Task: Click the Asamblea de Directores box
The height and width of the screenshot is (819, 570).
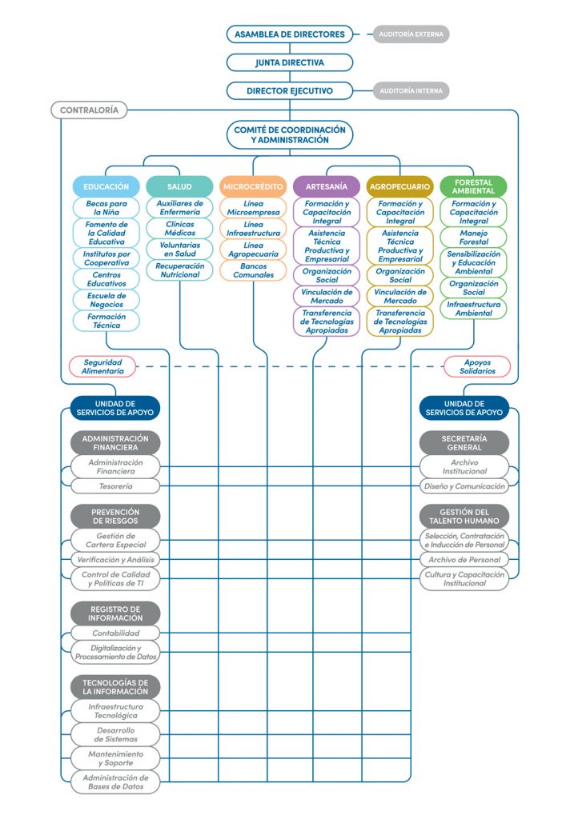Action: [x=290, y=34]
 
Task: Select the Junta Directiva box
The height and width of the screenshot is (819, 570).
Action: [x=290, y=62]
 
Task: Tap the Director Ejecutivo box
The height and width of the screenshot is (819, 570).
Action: [x=290, y=91]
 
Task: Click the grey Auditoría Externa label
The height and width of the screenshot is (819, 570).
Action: [x=411, y=34]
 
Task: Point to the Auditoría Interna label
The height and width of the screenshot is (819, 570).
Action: [x=411, y=91]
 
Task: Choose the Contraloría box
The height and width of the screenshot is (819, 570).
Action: [x=89, y=110]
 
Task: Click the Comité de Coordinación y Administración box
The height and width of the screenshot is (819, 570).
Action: [x=290, y=134]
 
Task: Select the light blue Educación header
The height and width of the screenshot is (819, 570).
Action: [x=106, y=186]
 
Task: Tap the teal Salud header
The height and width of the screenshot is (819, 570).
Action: [x=179, y=186]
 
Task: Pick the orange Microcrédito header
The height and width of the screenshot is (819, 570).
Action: [x=253, y=186]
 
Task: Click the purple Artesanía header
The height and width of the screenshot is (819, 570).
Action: [x=327, y=186]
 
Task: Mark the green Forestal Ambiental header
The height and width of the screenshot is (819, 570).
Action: [x=473, y=186]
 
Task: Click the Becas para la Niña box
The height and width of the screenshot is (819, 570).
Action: [x=106, y=208]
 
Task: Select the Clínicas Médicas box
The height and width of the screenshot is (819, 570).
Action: [x=179, y=228]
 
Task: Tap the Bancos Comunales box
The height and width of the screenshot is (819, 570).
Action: [x=253, y=270]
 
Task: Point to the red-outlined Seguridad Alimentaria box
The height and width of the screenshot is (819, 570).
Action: [x=103, y=366]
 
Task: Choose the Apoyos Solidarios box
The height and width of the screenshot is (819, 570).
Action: [x=477, y=366]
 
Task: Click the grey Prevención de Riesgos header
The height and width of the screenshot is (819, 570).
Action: [x=115, y=516]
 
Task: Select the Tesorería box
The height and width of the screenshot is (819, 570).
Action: [x=115, y=486]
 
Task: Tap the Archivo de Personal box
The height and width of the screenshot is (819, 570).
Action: [x=464, y=560]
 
